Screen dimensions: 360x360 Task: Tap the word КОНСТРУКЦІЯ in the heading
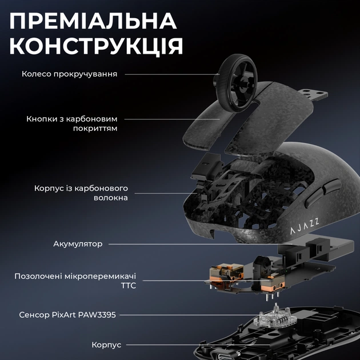click(97, 46)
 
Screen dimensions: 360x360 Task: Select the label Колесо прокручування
click(70, 74)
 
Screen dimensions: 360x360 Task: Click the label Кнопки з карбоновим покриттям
click(72, 123)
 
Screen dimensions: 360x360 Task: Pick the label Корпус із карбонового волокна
click(81, 193)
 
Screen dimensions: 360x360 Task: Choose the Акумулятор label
click(78, 243)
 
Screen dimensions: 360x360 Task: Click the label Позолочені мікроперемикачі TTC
click(75, 281)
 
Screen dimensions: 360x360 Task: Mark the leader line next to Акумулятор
click(171, 244)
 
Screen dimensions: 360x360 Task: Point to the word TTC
click(129, 285)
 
